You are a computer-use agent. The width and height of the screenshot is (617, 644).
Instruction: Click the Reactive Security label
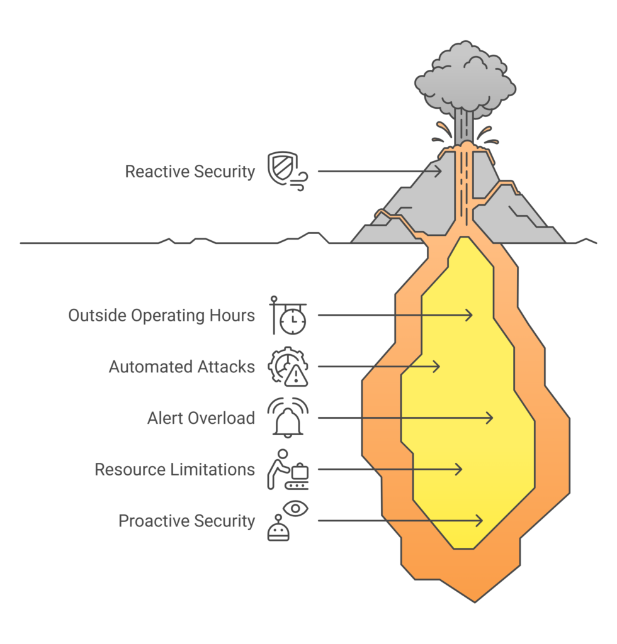190,172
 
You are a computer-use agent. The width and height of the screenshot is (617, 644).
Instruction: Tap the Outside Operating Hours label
162,315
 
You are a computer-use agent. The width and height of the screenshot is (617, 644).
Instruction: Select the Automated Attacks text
182,367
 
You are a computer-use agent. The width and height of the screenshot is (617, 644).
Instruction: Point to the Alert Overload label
201,418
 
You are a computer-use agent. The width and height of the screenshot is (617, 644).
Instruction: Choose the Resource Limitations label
174,470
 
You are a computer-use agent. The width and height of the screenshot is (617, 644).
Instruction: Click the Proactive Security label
187,521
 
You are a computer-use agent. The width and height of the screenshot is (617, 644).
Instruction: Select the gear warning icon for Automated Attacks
288,367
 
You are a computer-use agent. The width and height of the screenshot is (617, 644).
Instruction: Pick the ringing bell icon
288,418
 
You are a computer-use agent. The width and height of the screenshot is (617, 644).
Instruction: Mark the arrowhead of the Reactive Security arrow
439,170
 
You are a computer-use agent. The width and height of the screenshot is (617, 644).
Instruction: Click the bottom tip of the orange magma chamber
475,601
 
